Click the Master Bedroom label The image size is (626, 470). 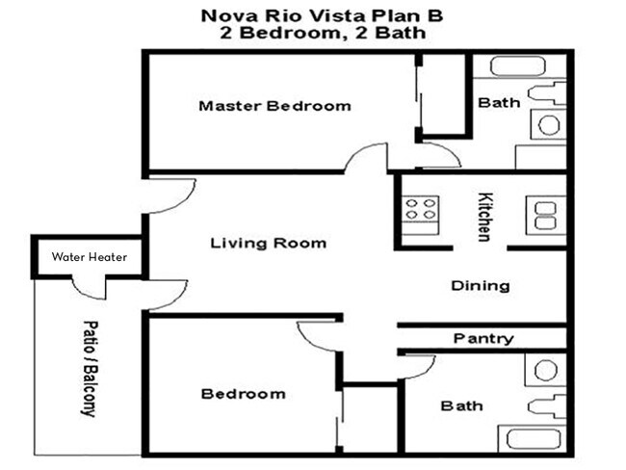tap(274, 105)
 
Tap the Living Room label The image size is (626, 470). tap(268, 243)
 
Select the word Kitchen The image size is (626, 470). tap(485, 217)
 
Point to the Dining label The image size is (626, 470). tap(480, 286)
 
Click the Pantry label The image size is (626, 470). tap(483, 339)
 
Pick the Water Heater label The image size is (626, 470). tap(88, 257)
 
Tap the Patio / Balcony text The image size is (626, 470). tap(90, 368)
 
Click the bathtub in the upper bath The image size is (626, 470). tap(516, 67)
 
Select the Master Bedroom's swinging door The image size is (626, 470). tap(369, 157)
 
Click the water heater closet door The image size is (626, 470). tap(89, 286)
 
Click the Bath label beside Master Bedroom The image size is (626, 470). tap(499, 102)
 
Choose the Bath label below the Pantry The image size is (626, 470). tap(461, 405)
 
